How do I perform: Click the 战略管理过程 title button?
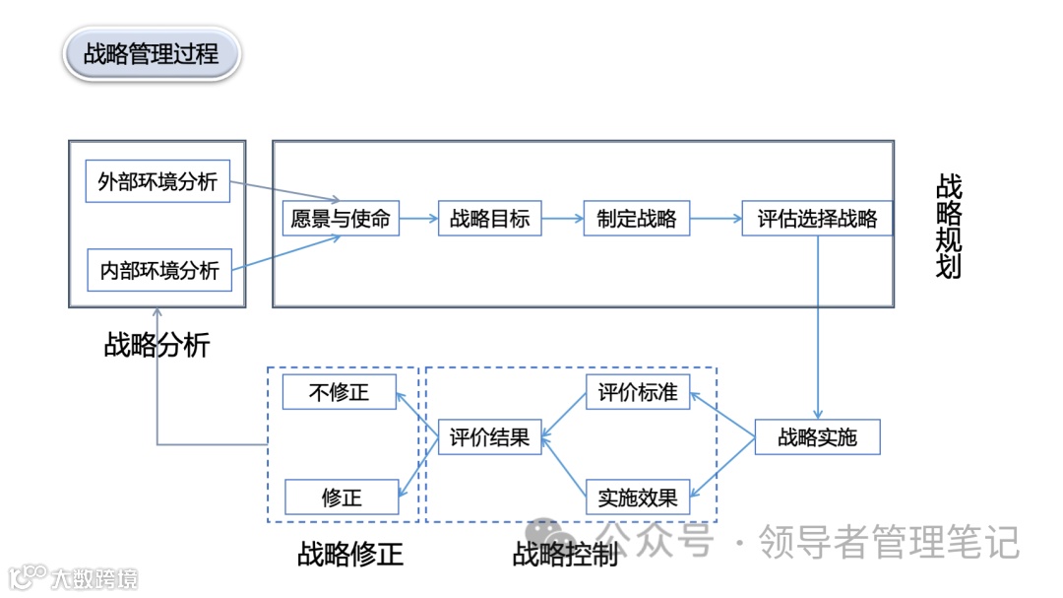pyautogui.click(x=152, y=53)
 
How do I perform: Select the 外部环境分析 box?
pyautogui.click(x=157, y=182)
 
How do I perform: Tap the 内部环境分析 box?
pyautogui.click(x=159, y=269)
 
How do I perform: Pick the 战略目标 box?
pyautogui.click(x=489, y=218)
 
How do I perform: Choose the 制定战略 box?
pyautogui.click(x=637, y=218)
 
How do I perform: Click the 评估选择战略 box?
pyautogui.click(x=817, y=218)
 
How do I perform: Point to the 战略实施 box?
pyautogui.click(x=817, y=436)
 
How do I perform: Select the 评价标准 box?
pyautogui.click(x=638, y=391)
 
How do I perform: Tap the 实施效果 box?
pyautogui.click(x=638, y=498)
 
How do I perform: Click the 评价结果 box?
pyautogui.click(x=489, y=436)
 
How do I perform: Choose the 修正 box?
pyautogui.click(x=342, y=498)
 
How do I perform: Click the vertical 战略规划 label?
pyautogui.click(x=949, y=227)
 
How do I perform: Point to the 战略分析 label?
pyautogui.click(x=156, y=345)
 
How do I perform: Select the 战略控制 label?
pyautogui.click(x=565, y=554)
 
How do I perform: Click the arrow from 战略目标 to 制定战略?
pyautogui.click(x=562, y=219)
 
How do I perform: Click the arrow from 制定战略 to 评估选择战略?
pyautogui.click(x=716, y=219)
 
